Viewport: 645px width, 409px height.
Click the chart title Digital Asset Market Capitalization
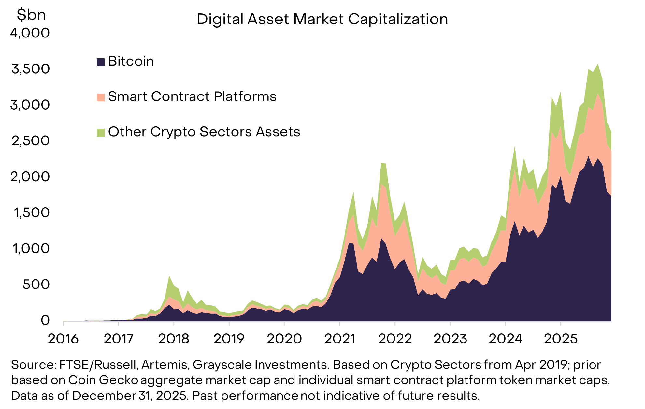click(322, 19)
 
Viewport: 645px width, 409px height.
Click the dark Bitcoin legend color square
click(101, 62)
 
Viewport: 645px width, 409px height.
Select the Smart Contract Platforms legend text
click(192, 97)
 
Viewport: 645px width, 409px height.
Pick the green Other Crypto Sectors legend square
click(101, 132)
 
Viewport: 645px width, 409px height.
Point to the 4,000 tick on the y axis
click(30, 33)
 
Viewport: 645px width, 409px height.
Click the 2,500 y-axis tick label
click(30, 141)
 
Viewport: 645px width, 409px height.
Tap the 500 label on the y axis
click(36, 285)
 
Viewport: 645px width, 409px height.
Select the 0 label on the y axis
click(45, 321)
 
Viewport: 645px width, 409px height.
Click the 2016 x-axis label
click(63, 339)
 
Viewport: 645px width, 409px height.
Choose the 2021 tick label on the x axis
click(340, 339)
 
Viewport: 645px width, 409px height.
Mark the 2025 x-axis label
click(561, 339)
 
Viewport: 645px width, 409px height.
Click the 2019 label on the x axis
click(229, 339)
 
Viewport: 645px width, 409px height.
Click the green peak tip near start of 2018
click(169, 277)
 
